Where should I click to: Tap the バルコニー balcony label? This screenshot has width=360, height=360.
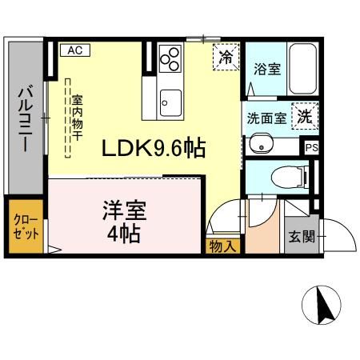pos(23,121)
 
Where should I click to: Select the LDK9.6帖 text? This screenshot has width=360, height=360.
pos(153,147)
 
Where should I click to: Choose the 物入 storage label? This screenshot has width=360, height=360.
pos(222,246)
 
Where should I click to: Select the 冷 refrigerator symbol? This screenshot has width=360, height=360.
pos(226,57)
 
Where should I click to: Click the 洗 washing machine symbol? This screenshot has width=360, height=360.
pos(304,115)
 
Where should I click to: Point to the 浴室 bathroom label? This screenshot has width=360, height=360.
pos(267,69)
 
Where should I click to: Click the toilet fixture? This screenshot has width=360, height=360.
pos(288,174)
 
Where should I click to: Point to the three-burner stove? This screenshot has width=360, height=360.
pos(170,58)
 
